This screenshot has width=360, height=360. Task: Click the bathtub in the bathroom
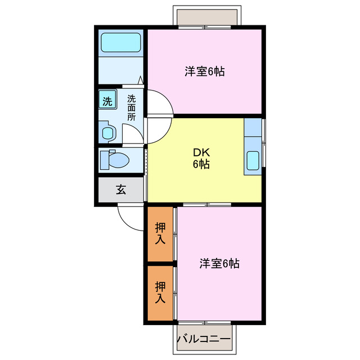coord(120,43)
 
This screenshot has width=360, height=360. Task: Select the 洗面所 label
coord(131,107)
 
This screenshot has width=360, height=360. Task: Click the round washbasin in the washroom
coord(107,133)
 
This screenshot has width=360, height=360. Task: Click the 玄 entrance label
coord(121,189)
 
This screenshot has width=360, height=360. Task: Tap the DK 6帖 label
coord(202,159)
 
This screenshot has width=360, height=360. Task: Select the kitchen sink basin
coord(253,160)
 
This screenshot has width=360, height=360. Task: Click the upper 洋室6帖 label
coord(205,71)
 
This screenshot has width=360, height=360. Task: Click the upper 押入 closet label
coord(160,233)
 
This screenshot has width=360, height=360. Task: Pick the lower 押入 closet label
coord(160,292)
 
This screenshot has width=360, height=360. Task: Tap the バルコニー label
coord(204,340)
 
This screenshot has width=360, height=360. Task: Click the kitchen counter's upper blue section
coord(253,127)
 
